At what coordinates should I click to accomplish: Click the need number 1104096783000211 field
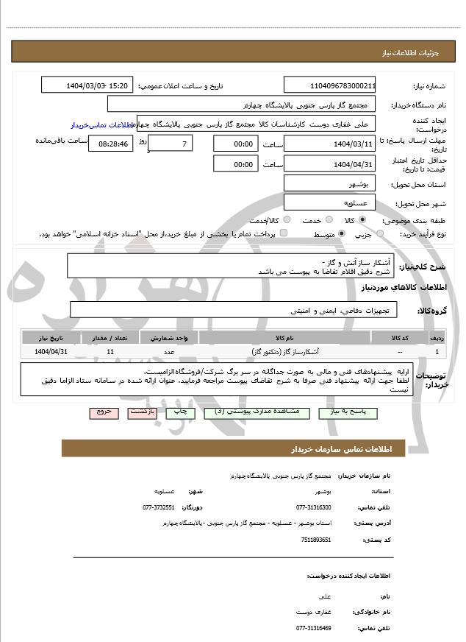click(x=329, y=85)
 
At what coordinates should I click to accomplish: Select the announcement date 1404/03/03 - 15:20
click(x=87, y=85)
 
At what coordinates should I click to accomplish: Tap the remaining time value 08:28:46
click(x=112, y=144)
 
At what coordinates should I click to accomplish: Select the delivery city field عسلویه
click(x=329, y=202)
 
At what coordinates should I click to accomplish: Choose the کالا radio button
click(x=382, y=220)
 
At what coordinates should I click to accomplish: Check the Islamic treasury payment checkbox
click(x=284, y=234)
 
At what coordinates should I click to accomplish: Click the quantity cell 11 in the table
click(x=110, y=352)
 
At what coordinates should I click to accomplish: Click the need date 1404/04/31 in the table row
click(x=51, y=352)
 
